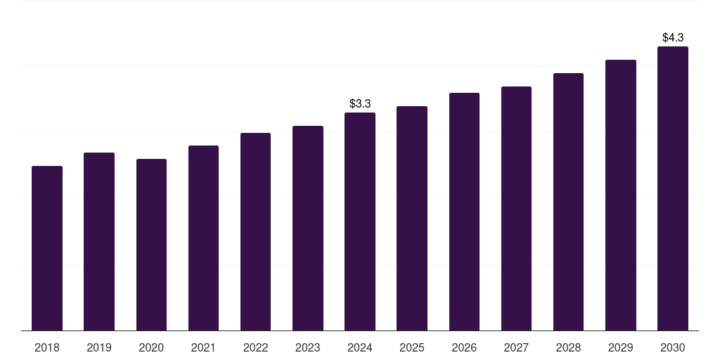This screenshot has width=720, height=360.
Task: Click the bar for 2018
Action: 47,248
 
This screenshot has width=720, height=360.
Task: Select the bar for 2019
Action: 99,241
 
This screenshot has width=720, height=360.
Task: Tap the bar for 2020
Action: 151,245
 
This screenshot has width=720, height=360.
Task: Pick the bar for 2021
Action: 203,238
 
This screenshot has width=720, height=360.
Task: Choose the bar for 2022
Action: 255,231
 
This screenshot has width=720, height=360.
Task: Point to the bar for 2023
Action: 308,228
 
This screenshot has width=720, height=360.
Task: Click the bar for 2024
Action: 360,221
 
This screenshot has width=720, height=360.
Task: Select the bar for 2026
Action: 464,212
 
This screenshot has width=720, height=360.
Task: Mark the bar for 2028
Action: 568,202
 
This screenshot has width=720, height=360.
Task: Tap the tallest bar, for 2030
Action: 673,188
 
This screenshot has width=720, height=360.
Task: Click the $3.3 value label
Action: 360,103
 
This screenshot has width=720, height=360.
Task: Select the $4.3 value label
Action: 673,37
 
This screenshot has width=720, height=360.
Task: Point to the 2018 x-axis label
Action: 47,347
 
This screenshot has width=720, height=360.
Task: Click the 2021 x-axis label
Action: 203,347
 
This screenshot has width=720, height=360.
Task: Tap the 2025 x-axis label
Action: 412,347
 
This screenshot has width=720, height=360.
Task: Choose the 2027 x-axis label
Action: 516,347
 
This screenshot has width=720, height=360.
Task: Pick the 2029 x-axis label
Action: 621,347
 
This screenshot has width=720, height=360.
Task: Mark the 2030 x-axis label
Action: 673,347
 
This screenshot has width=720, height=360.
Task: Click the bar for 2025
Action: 412,218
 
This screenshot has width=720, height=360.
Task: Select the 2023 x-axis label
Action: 308,347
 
